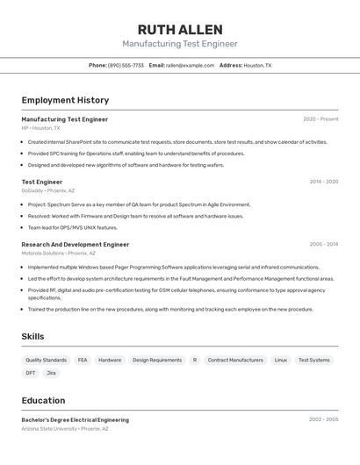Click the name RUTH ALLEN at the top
179,30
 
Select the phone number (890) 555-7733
126,65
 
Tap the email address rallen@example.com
190,65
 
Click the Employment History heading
65,100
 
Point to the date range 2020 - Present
320,119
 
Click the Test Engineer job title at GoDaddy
42,182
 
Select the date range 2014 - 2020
323,182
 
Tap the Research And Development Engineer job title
75,245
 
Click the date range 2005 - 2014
323,245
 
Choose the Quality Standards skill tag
46,360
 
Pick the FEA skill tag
83,360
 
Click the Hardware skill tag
110,360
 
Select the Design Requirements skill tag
157,360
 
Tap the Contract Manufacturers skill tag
235,360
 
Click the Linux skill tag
280,360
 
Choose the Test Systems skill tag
313,360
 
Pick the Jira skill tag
51,373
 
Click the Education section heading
43,400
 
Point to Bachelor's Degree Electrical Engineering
75,420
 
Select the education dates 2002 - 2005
323,420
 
